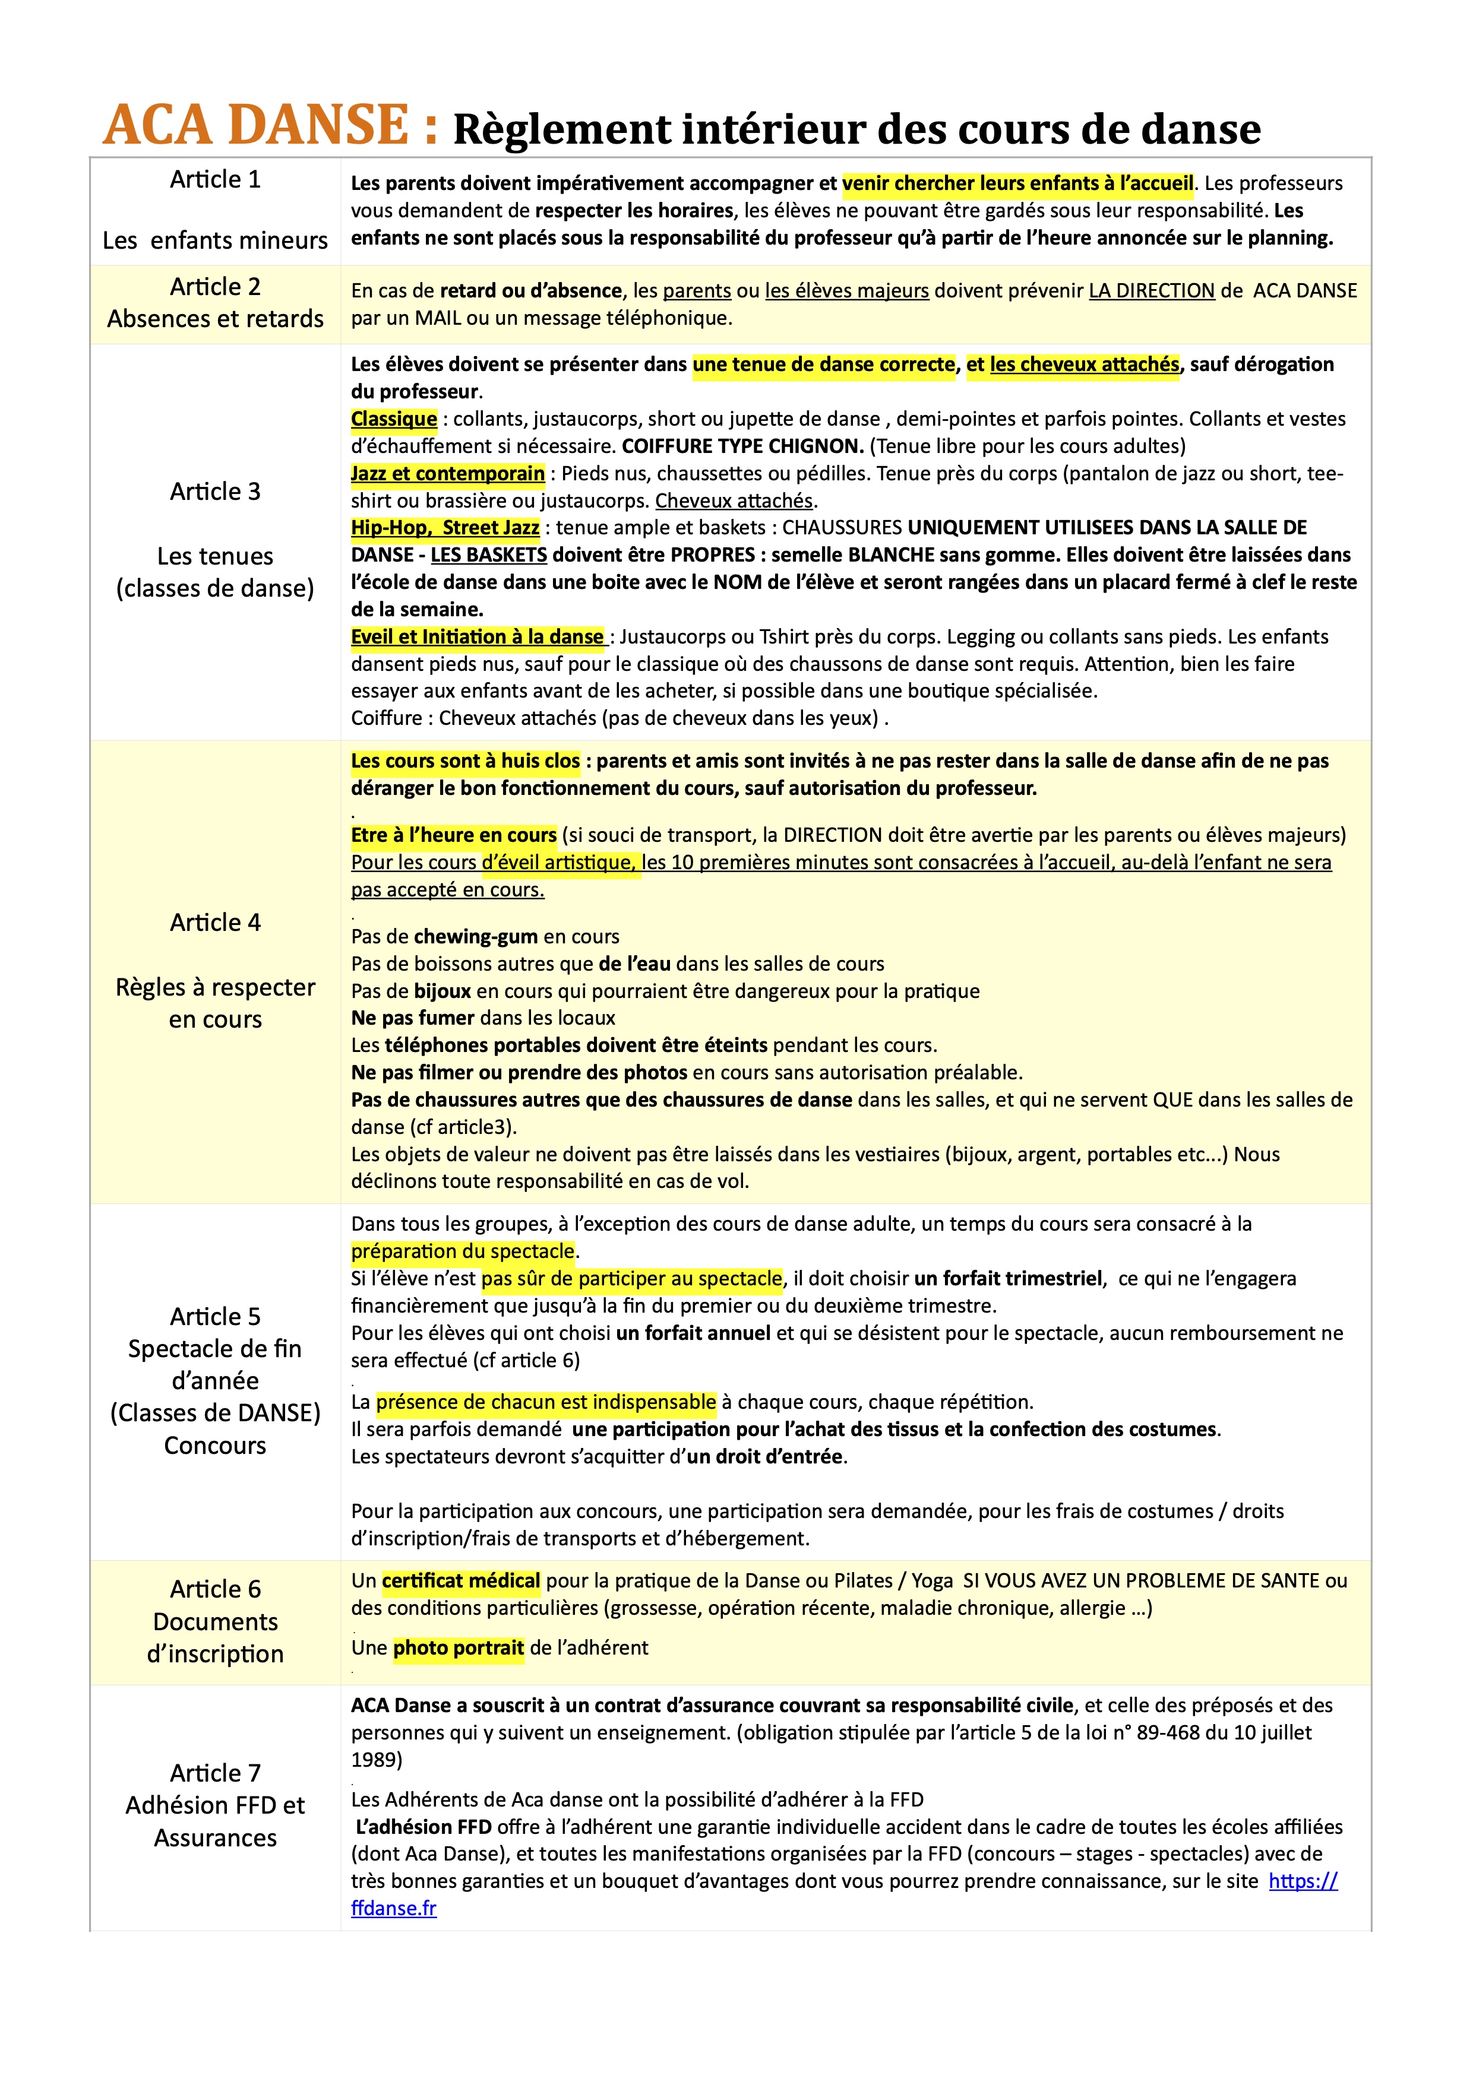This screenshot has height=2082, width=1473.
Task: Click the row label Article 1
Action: point(215,179)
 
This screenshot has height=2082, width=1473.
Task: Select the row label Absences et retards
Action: point(215,319)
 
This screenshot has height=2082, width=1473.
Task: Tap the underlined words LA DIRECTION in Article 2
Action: point(1151,291)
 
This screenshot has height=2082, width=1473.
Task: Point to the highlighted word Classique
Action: point(394,419)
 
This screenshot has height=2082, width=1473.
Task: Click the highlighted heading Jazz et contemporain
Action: point(447,473)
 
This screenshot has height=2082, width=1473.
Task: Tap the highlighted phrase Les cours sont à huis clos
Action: point(465,761)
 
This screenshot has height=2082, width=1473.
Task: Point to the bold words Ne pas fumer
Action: point(413,1018)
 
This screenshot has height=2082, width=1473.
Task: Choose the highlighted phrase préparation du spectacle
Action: point(463,1251)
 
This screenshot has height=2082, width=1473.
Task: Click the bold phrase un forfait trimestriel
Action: point(1010,1279)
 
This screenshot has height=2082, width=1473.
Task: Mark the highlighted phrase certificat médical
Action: point(461,1580)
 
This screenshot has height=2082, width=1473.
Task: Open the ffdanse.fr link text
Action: point(394,1908)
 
